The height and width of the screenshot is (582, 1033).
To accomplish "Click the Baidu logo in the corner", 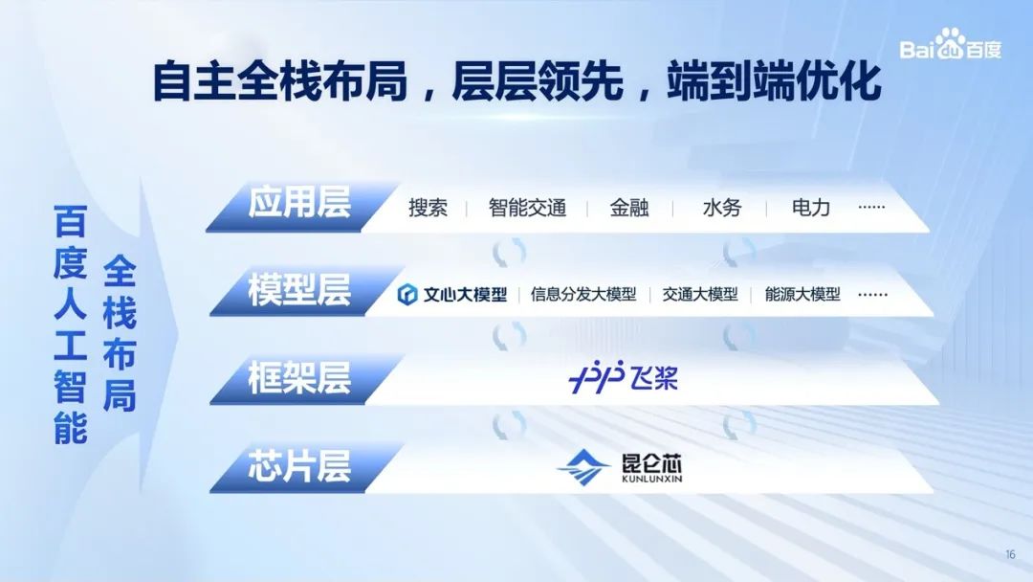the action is coord(950,45).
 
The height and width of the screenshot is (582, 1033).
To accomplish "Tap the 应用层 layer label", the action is coord(299,202).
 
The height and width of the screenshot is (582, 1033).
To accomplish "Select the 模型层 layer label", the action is coord(299,290).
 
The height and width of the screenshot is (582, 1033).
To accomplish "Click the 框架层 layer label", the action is coord(299,378).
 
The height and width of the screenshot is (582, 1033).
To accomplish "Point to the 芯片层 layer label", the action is coord(299,466).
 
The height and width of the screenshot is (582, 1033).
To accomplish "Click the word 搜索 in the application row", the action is coord(428,208).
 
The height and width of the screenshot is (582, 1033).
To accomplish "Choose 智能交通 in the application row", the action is coord(527,208).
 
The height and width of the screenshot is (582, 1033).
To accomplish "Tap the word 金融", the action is coord(629,208).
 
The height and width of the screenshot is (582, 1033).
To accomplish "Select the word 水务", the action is coord(722,208).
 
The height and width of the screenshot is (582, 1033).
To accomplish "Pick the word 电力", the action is coord(811,208).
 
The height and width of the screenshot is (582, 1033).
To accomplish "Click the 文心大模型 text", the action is coord(465,294).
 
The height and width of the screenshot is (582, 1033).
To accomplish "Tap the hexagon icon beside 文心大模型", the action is coord(407,294).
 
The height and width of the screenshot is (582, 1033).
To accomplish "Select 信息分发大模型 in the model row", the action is coord(583,294).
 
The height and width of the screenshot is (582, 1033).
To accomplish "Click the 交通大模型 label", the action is coord(699,294).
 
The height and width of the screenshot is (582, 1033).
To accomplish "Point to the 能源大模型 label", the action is coord(802,294).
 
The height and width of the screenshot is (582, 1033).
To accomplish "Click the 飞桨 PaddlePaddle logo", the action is coord(623,378).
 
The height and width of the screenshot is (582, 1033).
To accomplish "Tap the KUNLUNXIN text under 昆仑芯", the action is coord(652,480).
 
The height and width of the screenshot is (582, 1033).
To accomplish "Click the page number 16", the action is coord(1011,554).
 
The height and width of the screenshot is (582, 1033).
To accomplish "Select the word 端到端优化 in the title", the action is coord(774,81).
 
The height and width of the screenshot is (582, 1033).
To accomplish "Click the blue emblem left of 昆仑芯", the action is coord(583,467).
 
